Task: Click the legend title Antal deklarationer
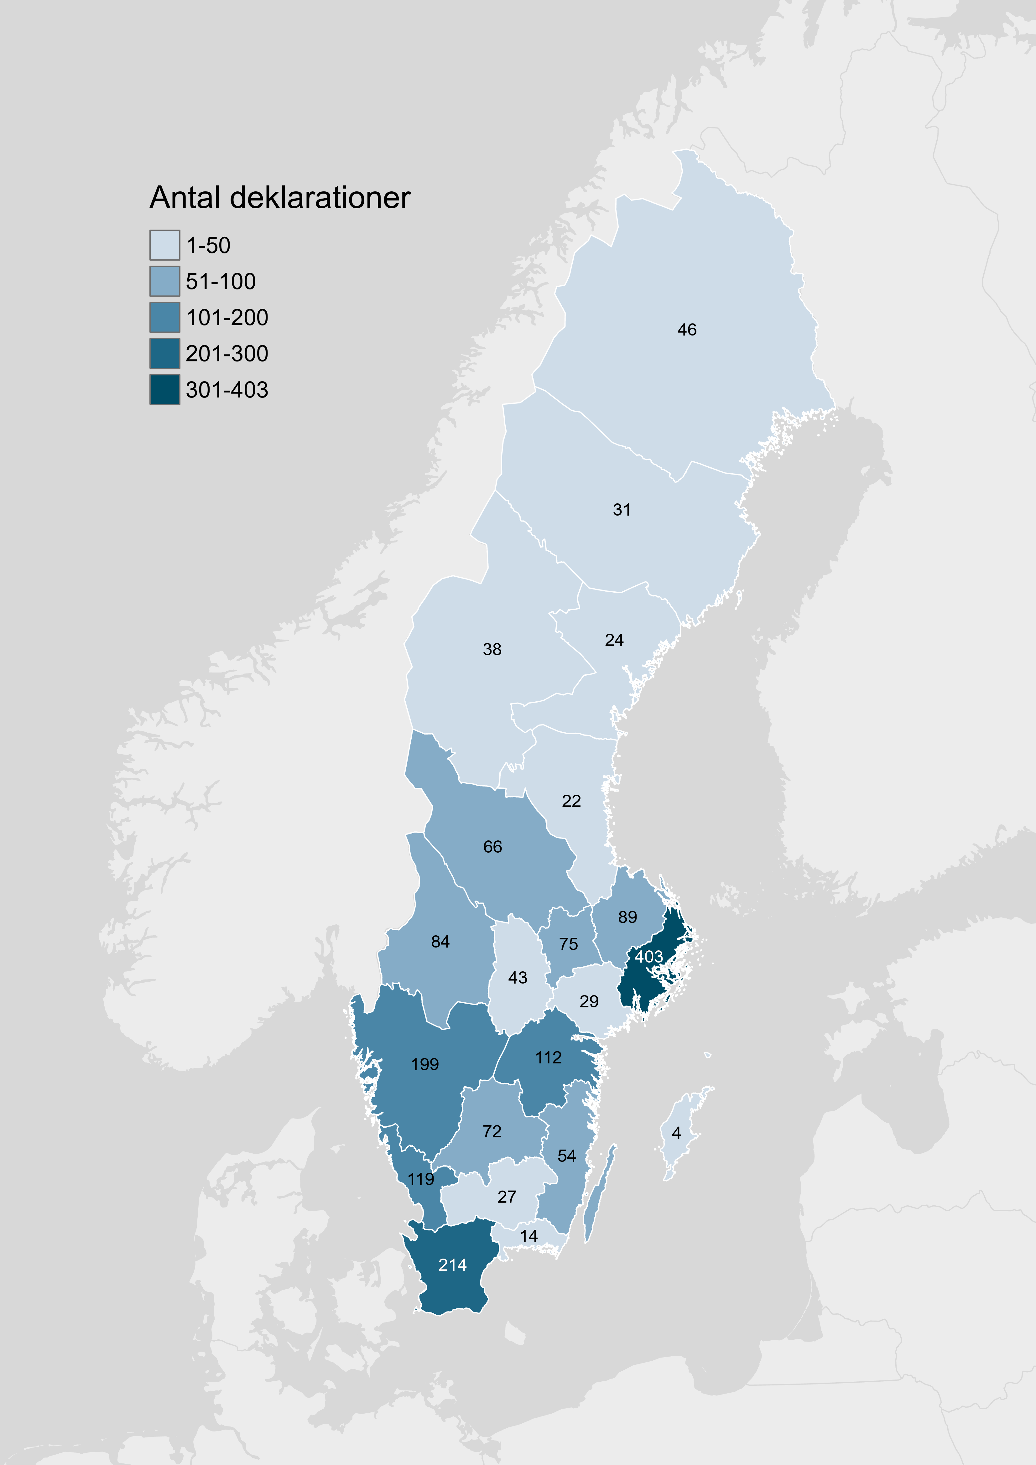click(279, 198)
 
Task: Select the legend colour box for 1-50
click(165, 245)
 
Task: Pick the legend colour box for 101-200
click(165, 317)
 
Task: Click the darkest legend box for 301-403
click(165, 389)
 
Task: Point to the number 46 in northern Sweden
click(687, 330)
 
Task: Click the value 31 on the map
click(622, 510)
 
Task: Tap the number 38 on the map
click(492, 650)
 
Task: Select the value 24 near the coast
click(614, 640)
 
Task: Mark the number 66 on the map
click(493, 847)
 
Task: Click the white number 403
click(648, 956)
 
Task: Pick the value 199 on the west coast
click(425, 1064)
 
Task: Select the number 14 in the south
click(528, 1236)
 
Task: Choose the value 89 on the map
click(627, 917)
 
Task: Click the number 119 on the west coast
click(421, 1179)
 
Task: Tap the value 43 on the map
click(518, 978)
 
